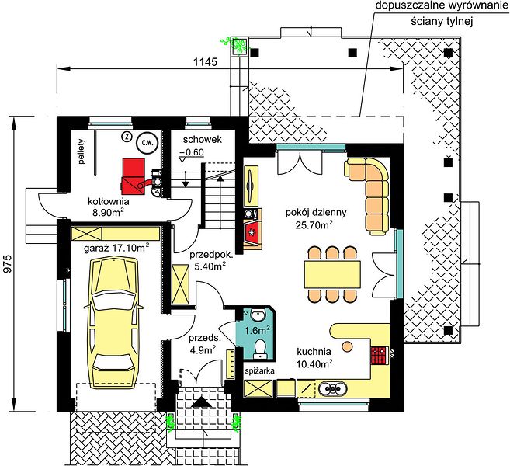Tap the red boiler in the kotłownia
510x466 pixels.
click(x=134, y=178)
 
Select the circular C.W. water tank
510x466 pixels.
click(x=147, y=143)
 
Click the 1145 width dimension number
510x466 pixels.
click(x=205, y=61)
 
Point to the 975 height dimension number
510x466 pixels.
click(x=8, y=263)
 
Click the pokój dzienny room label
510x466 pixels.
click(x=316, y=213)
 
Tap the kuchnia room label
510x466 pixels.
click(x=314, y=352)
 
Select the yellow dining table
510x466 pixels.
click(x=332, y=274)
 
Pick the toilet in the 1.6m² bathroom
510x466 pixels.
click(x=260, y=348)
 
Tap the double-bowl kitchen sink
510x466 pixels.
click(x=332, y=388)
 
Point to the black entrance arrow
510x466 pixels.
click(x=202, y=402)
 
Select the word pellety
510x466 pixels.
click(x=82, y=151)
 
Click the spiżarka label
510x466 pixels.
click(x=259, y=370)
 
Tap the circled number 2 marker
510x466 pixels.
click(x=126, y=137)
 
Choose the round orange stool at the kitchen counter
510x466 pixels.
click(x=347, y=346)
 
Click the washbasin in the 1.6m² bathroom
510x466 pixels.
click(x=258, y=315)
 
